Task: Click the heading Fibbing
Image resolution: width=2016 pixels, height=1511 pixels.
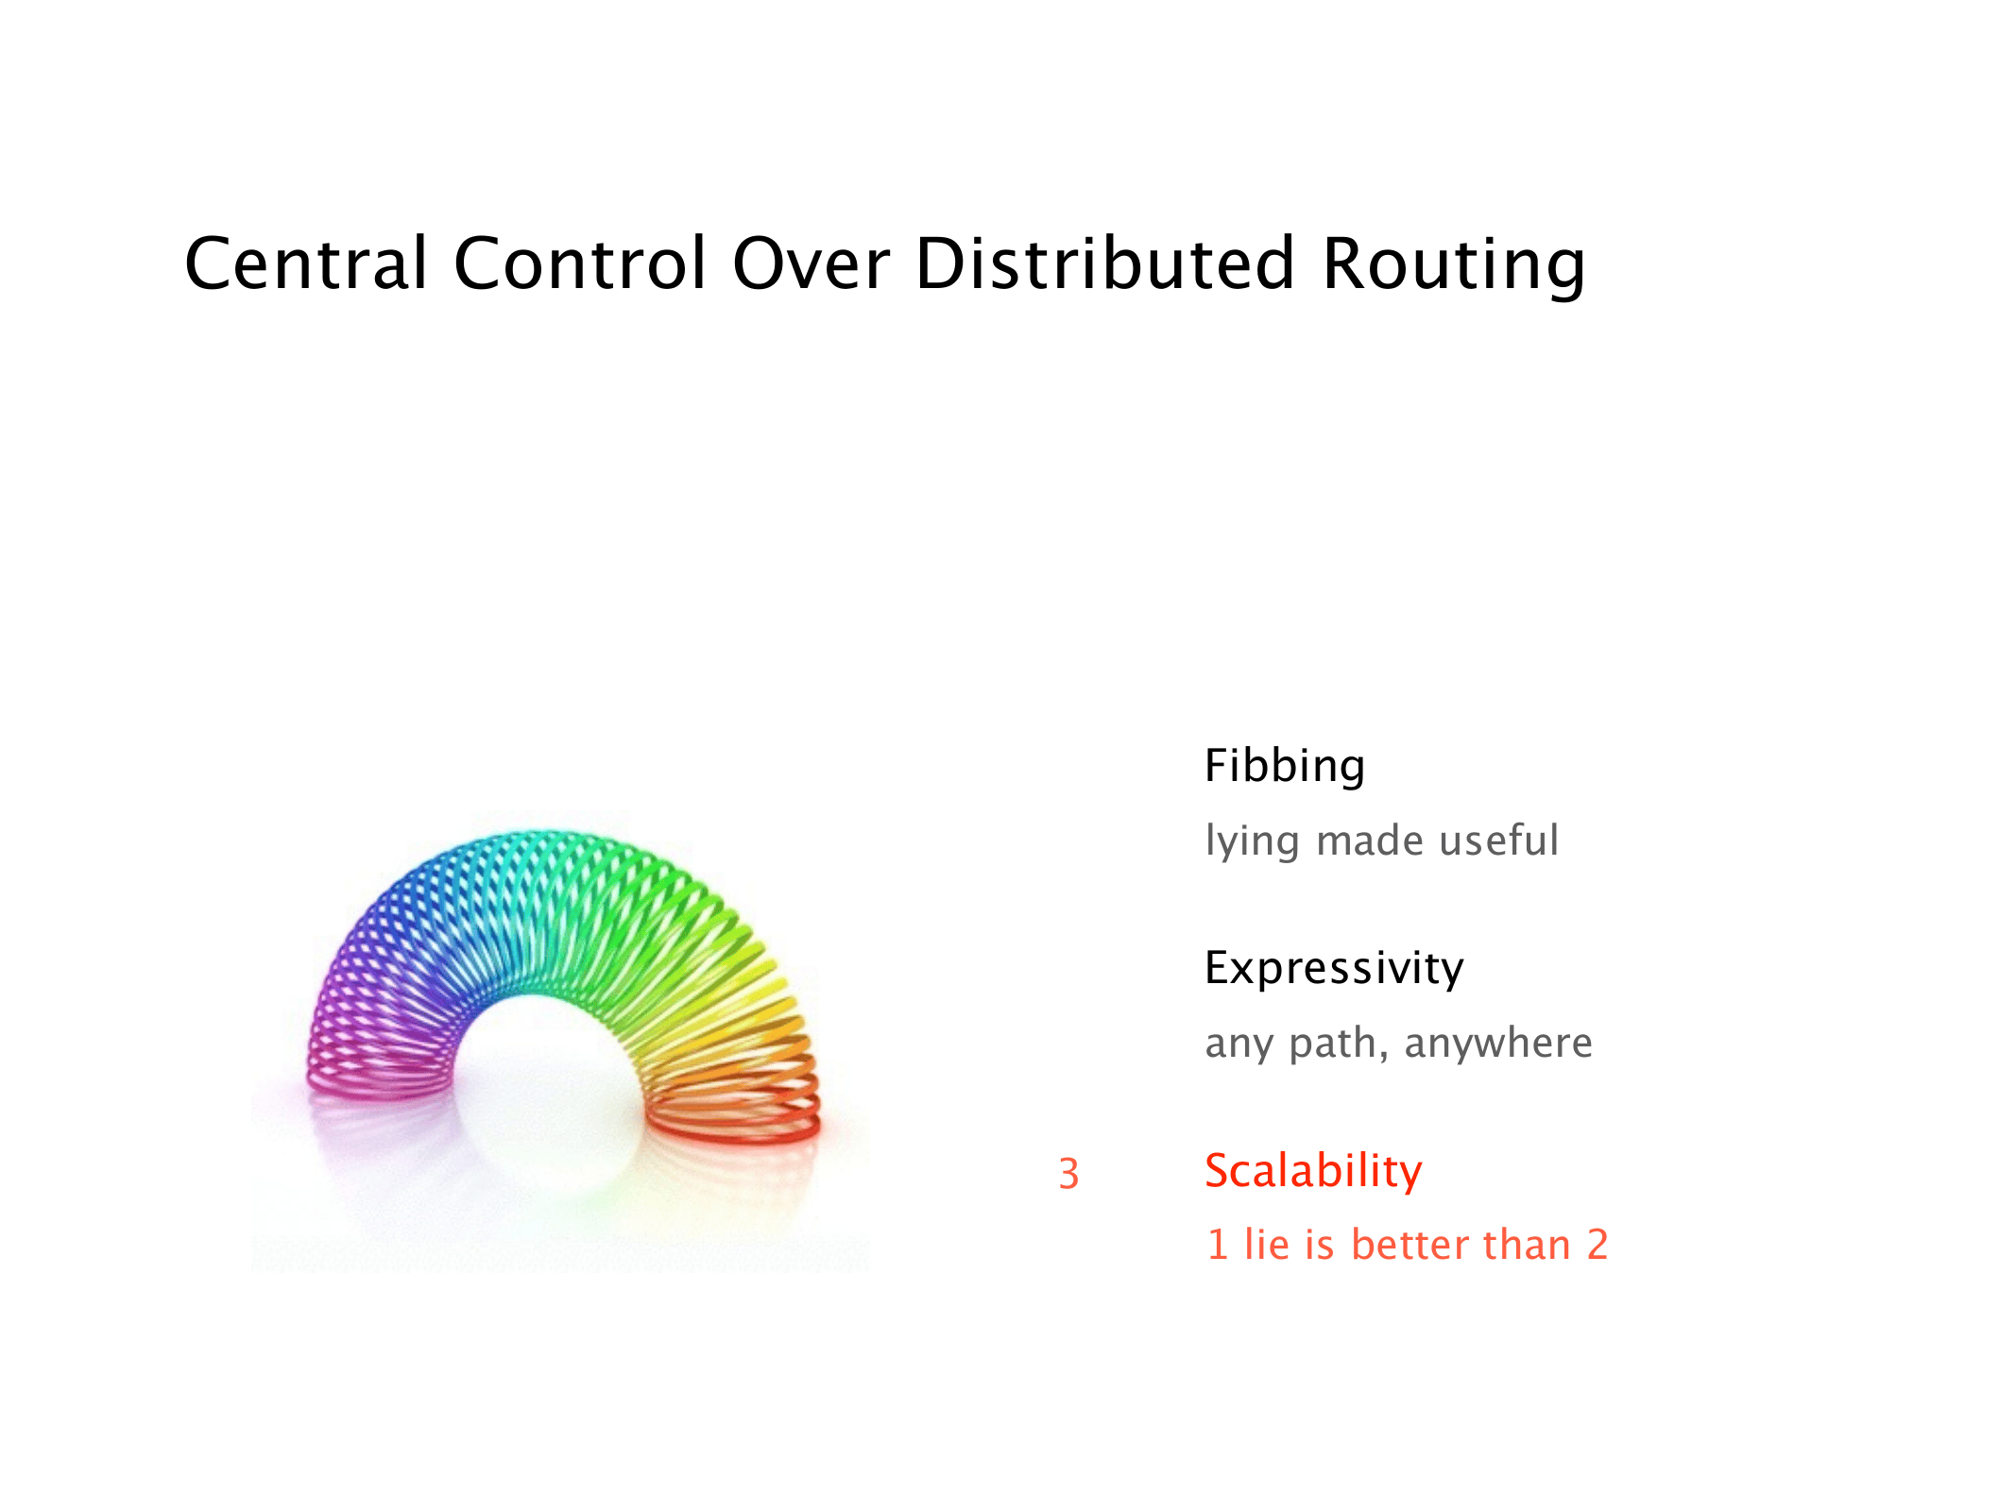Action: pos(1285,766)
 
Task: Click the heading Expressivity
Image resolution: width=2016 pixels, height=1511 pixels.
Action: pos(1334,968)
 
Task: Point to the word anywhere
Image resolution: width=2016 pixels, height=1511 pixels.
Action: pos(1498,1043)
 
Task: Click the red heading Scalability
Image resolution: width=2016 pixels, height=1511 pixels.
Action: pos(1313,1171)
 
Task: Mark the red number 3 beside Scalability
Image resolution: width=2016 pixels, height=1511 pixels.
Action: pos(1068,1173)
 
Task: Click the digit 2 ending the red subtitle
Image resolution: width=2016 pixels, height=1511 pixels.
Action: pos(1597,1245)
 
